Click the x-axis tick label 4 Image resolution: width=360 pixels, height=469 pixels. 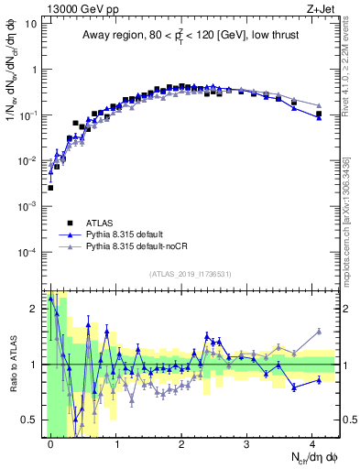click(x=311, y=442)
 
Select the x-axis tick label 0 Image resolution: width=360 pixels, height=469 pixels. click(x=50, y=442)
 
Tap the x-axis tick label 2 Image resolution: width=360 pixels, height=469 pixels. click(x=181, y=442)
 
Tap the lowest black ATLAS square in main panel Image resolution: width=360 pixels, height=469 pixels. click(x=50, y=188)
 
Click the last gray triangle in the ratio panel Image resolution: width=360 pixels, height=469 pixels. click(x=319, y=332)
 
